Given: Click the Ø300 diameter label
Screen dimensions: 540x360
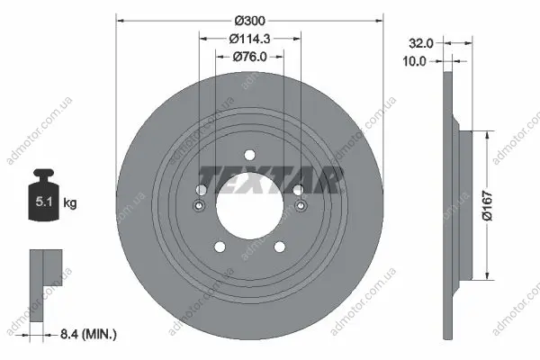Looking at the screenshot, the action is point(250,21).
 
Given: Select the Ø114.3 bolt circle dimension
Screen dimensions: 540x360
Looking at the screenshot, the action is point(249,39).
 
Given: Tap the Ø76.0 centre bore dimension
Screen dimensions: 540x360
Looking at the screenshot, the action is point(249,57).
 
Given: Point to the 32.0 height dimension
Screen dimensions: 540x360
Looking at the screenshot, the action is point(421,43).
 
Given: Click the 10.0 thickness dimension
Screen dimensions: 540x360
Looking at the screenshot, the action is point(414,61).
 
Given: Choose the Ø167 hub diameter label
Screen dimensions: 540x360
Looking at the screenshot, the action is point(488,205).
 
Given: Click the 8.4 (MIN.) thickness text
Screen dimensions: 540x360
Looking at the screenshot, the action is point(88,334).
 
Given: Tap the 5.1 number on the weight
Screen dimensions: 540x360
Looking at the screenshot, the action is point(44,202).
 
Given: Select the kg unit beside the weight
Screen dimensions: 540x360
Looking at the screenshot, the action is point(70,202).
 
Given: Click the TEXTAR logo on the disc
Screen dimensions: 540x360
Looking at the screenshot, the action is point(270,180).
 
